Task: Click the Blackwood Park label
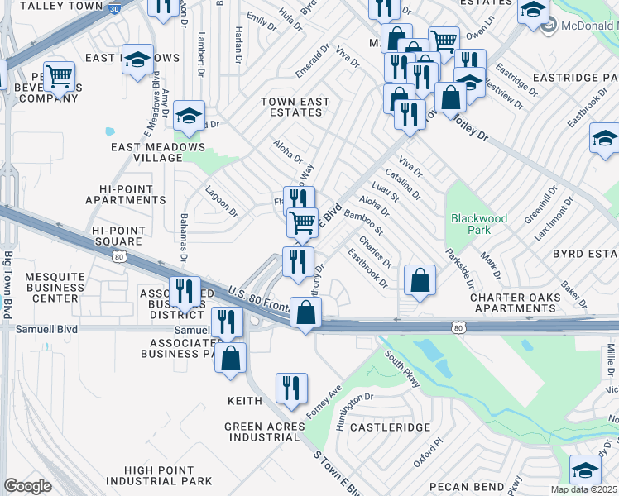478,225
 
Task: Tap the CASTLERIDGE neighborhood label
390,427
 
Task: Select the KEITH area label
245,400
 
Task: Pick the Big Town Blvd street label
7,285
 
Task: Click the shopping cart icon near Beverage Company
58,77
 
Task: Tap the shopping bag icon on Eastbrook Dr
420,279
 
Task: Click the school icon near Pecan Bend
586,470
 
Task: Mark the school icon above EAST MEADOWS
137,58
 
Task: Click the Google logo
27,486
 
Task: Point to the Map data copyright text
584,489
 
